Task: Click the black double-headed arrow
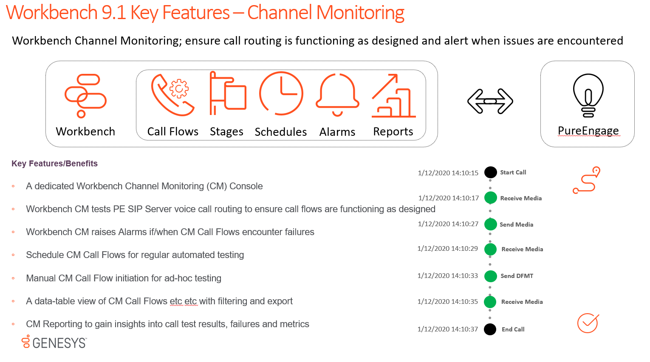coord(490,101)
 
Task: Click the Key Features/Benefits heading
coord(54,163)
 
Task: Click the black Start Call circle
coord(490,172)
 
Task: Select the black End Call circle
coord(490,329)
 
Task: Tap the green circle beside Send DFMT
coord(490,276)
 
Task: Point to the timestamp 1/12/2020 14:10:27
coord(448,224)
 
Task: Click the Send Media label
coord(517,224)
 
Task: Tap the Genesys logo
coord(54,342)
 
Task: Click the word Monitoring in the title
coord(360,13)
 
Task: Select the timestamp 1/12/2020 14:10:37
coord(447,329)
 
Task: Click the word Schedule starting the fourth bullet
coord(45,255)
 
